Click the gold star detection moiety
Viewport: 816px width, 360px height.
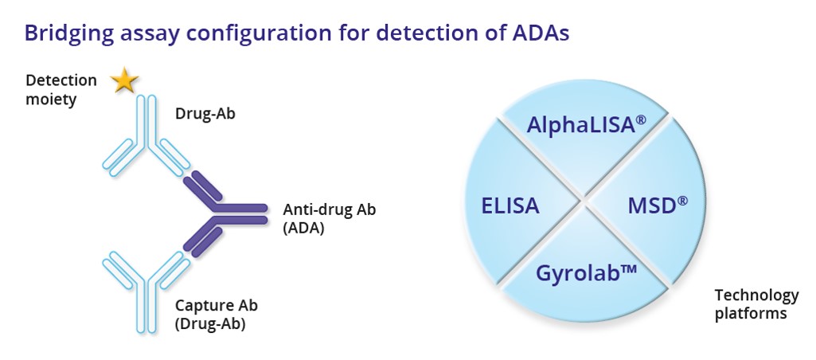pos(124,81)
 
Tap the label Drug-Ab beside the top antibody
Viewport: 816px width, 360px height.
pos(205,114)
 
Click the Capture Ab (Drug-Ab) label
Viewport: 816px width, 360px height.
pos(216,314)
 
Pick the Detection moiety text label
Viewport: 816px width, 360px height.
pos(61,90)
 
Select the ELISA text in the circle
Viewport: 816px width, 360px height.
pos(510,205)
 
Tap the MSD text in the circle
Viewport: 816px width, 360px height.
pos(658,205)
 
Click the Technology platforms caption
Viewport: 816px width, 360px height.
pos(756,304)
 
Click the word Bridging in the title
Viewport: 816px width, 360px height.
pos(69,34)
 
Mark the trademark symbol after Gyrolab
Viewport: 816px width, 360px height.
pos(629,269)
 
